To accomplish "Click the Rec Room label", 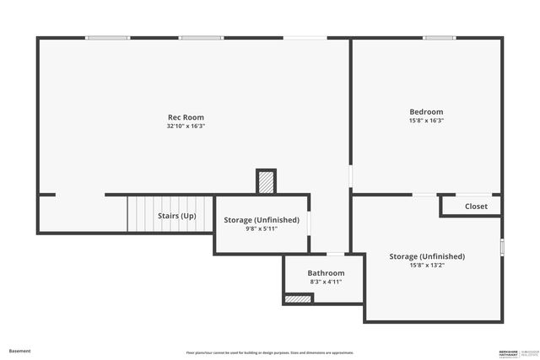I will [x=186, y=117].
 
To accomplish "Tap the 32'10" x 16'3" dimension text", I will [x=186, y=126].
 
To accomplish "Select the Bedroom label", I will [x=426, y=112].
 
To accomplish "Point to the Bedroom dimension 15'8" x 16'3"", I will [x=426, y=121].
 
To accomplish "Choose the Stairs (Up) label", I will [x=177, y=216].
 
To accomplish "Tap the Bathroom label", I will [x=326, y=273].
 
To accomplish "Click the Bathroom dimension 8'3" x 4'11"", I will [x=326, y=282].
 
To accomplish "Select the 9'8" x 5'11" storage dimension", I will [x=262, y=228].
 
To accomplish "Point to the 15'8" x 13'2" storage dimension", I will [x=427, y=265].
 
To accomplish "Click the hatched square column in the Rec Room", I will [x=266, y=182].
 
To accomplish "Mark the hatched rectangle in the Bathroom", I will [x=299, y=298].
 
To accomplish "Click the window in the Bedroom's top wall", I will [x=439, y=37].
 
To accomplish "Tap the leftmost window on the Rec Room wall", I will [x=108, y=37].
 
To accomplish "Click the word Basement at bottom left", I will [x=19, y=351].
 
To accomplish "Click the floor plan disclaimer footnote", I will [x=270, y=352].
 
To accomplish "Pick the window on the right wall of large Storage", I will [x=502, y=247].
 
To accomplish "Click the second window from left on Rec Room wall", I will [x=200, y=37].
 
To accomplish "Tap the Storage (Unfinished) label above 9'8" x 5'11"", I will [x=262, y=220].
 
